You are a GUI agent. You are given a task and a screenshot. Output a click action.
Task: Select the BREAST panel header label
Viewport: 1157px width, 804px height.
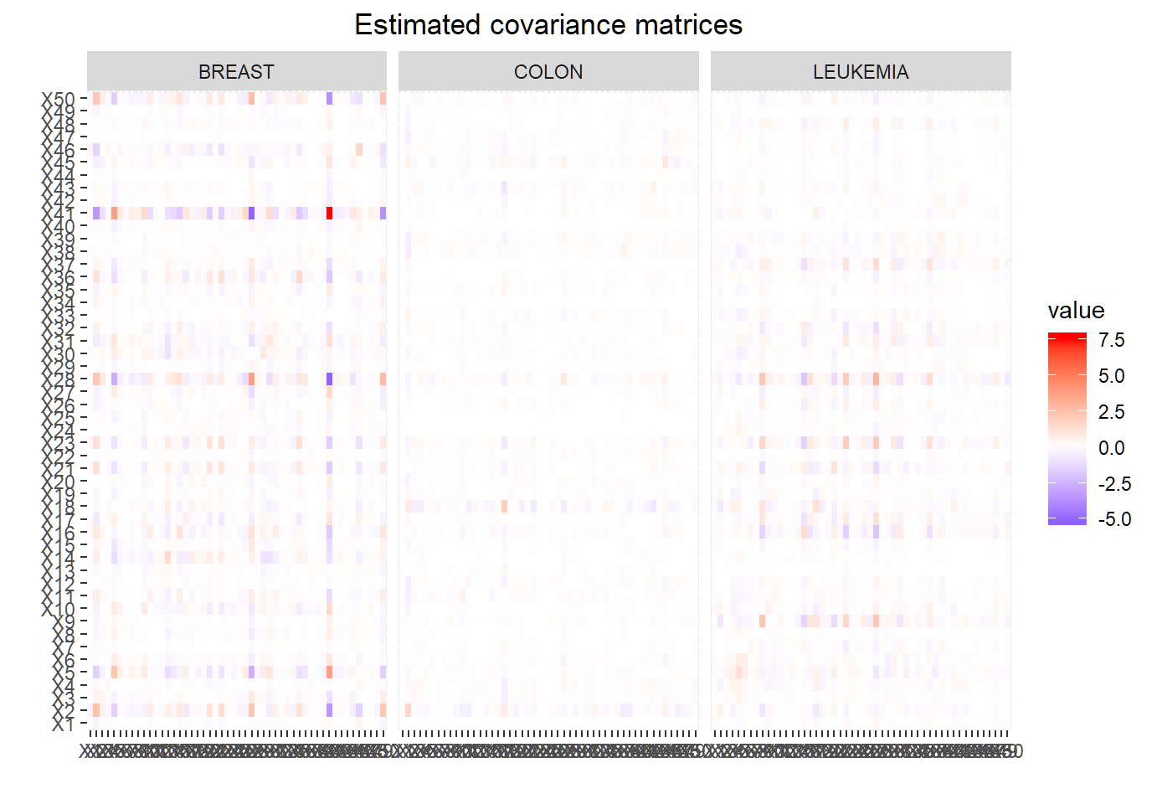[x=236, y=72]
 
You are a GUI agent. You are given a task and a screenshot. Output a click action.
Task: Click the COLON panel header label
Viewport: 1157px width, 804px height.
[x=548, y=72]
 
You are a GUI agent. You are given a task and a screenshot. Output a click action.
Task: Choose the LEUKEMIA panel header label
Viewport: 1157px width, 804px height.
[x=861, y=72]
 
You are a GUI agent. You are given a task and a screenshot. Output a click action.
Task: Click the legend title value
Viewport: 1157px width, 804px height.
[x=1076, y=311]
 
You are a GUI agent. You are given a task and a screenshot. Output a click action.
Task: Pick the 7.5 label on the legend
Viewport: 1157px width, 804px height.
[x=1112, y=340]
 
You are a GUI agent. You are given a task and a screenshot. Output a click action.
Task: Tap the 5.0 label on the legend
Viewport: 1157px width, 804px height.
[x=1112, y=376]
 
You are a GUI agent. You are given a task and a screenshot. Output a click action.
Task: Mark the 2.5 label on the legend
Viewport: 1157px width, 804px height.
[x=1112, y=412]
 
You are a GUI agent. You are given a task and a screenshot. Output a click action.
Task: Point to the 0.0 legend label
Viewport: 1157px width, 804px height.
[x=1112, y=448]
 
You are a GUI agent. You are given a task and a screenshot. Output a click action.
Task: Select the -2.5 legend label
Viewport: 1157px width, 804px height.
[x=1114, y=484]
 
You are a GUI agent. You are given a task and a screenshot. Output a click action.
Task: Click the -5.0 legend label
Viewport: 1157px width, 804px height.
[x=1114, y=519]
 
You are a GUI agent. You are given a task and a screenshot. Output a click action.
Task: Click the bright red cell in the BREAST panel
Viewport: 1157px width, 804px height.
[x=329, y=214]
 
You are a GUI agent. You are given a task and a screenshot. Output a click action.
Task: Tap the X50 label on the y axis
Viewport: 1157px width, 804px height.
[x=59, y=100]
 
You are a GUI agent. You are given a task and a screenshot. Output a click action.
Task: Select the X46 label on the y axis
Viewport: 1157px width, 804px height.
[x=59, y=151]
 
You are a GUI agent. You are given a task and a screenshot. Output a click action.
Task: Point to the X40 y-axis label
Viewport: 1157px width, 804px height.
[x=59, y=227]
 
